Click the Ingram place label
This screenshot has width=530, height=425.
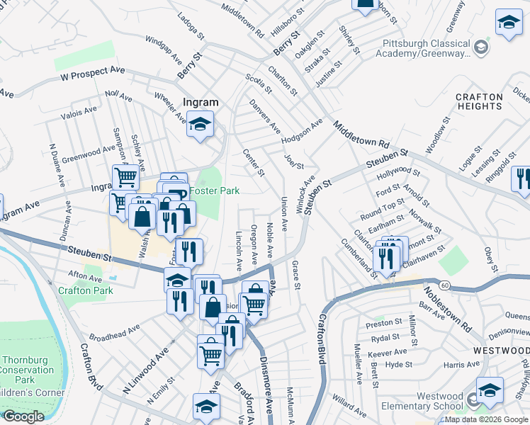201,102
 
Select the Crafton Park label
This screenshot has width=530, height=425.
86,290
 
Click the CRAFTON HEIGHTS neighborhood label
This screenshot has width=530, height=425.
479,101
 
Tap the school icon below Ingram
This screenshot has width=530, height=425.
201,125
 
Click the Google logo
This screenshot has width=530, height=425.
23,416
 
